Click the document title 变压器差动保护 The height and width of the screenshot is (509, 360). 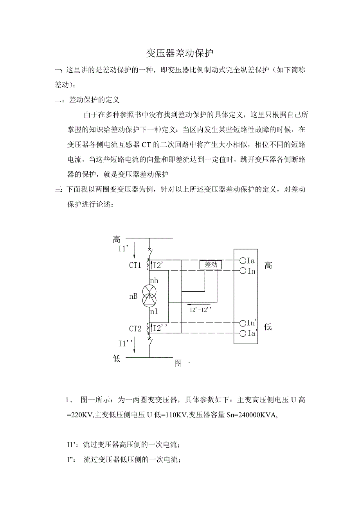pyautogui.click(x=180, y=53)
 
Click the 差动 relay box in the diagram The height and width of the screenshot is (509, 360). pyautogui.click(x=211, y=265)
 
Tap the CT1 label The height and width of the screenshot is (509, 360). pyautogui.click(x=135, y=265)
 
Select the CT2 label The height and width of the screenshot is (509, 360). pyautogui.click(x=135, y=329)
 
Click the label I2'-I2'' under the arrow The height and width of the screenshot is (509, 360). pyautogui.click(x=200, y=310)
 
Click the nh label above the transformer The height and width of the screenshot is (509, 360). pyautogui.click(x=154, y=280)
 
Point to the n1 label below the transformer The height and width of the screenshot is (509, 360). pyautogui.click(x=153, y=312)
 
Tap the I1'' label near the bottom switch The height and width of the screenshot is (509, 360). pyautogui.click(x=126, y=343)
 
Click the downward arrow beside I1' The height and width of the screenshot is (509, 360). pyautogui.click(x=135, y=249)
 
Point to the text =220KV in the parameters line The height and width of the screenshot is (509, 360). pyautogui.click(x=80, y=415)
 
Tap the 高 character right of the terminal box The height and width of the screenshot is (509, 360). pyautogui.click(x=268, y=266)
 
